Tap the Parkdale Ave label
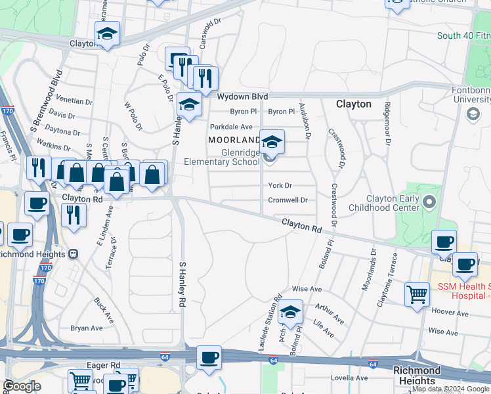[231, 127]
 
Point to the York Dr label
[280, 186]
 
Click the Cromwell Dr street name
[288, 200]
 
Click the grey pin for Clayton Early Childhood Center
[430, 201]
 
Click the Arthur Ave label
[329, 313]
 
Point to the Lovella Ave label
[349, 378]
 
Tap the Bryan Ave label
[87, 328]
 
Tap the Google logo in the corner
[22, 387]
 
